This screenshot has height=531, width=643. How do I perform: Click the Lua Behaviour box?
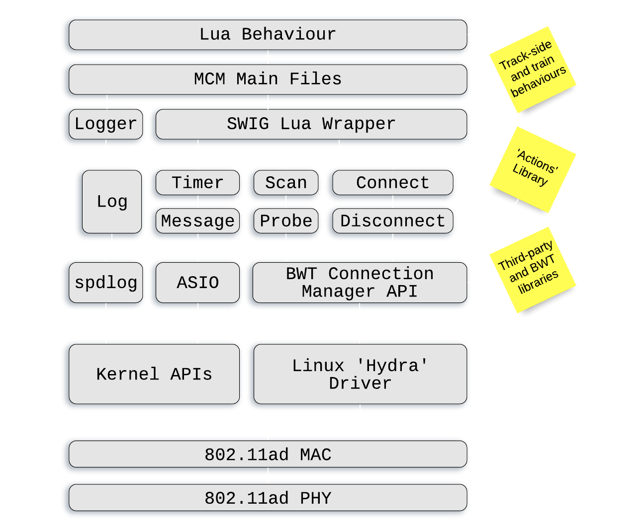268,35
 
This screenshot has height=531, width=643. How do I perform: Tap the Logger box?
105,124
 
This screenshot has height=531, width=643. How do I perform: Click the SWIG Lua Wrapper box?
311,124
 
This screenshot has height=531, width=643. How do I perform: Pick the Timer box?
197,183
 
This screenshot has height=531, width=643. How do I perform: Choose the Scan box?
286,183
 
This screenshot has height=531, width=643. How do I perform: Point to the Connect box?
392,183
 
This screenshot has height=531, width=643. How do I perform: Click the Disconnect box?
392,221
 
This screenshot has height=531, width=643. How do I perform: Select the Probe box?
286,221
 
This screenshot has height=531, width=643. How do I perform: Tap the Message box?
197,221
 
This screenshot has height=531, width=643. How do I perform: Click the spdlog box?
105,283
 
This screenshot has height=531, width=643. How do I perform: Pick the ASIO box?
197,283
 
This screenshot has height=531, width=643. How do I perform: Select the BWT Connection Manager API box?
360,283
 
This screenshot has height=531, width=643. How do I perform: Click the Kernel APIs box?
154,374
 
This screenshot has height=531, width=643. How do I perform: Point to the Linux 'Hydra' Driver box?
360,374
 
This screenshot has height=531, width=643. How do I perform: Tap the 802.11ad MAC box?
268,455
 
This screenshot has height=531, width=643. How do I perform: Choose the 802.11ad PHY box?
268,498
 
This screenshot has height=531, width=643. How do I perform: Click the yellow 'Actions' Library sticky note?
534,169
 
